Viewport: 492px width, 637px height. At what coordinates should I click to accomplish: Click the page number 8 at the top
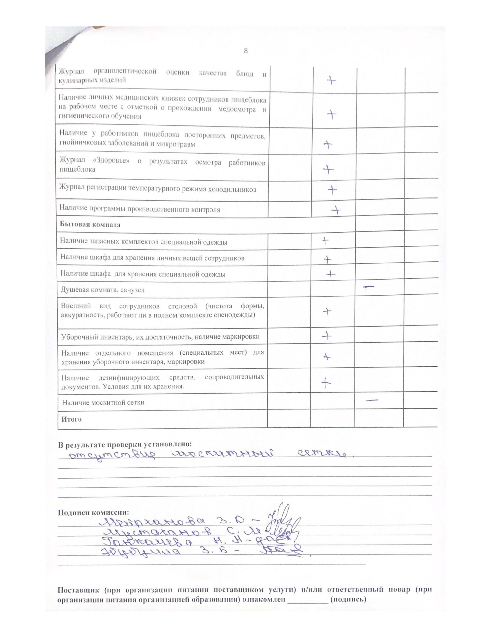click(245, 51)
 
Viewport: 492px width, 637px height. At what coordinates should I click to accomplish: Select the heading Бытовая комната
click(90, 225)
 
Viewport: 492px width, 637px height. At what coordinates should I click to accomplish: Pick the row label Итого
click(71, 419)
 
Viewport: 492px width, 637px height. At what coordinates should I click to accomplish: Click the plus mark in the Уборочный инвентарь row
click(327, 336)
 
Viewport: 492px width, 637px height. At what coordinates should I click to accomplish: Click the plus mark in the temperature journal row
click(332, 190)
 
